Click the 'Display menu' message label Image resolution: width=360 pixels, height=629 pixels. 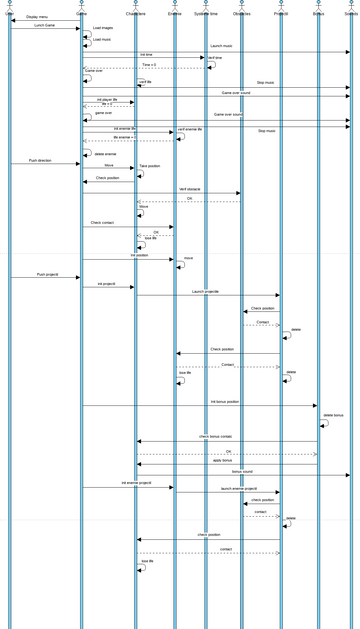tap(37, 17)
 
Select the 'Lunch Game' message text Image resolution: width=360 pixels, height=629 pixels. tap(44, 26)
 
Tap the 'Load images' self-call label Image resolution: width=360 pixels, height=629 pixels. tap(103, 28)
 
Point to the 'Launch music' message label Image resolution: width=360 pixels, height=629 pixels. tap(221, 46)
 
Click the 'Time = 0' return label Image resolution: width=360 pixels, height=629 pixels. tap(148, 64)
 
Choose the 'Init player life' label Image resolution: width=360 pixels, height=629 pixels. tap(107, 100)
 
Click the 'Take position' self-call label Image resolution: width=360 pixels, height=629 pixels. tap(150, 166)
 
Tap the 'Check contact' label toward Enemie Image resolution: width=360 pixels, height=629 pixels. tap(103, 223)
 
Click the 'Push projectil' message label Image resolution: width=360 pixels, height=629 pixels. tap(47, 274)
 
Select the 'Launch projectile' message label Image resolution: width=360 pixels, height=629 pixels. tap(206, 291)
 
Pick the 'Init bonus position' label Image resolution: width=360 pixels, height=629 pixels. tap(225, 401)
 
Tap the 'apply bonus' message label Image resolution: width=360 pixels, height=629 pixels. tap(223, 461)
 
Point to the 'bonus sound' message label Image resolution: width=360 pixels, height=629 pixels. tap(242, 471)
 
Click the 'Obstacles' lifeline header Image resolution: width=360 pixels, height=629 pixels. tap(242, 14)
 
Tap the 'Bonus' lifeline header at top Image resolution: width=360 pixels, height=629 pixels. tap(318, 14)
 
